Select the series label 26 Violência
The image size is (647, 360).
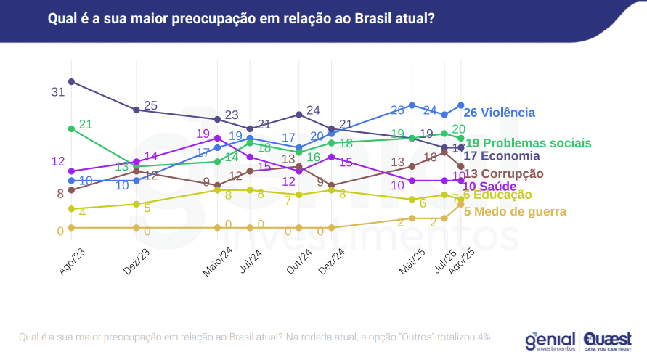click(499, 112)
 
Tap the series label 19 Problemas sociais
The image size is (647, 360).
click(528, 143)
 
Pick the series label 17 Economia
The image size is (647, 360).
click(502, 155)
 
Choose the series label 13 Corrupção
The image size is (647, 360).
click(503, 173)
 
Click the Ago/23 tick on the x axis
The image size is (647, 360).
click(70, 260)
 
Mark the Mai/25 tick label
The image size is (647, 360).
click(410, 260)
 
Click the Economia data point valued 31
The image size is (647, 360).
click(71, 81)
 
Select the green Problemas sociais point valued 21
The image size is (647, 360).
click(71, 128)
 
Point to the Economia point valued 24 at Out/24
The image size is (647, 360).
click(299, 115)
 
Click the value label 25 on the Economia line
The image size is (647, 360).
click(150, 105)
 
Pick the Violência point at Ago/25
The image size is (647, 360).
click(460, 105)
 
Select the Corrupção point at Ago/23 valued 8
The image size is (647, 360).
click(71, 190)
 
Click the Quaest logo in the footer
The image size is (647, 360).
click(609, 340)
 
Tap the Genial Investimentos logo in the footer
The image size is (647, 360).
click(550, 340)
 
